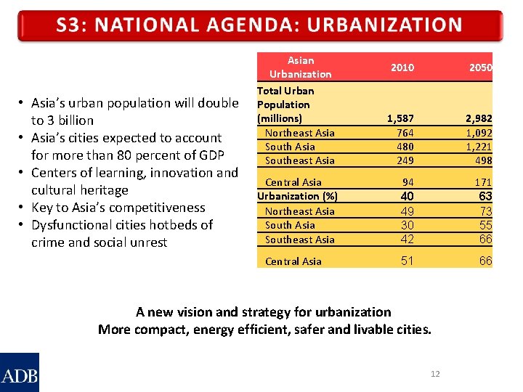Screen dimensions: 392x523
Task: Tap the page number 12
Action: tap(435, 374)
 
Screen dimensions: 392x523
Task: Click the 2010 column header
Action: tap(402, 68)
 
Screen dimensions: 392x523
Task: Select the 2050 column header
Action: tap(480, 68)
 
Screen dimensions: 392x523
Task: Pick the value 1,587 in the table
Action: tap(400, 118)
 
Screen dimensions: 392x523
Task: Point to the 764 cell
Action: tap(405, 133)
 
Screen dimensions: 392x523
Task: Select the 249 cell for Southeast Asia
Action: tap(405, 160)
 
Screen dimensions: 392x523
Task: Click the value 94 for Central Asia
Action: tap(408, 182)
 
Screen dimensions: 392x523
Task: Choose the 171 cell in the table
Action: tap(482, 182)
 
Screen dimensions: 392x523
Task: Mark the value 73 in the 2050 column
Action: tap(485, 211)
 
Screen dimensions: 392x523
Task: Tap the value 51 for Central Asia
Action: tap(407, 261)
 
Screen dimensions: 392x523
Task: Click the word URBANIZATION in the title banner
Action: tap(384, 25)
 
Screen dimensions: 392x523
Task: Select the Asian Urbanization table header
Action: tap(300, 68)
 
